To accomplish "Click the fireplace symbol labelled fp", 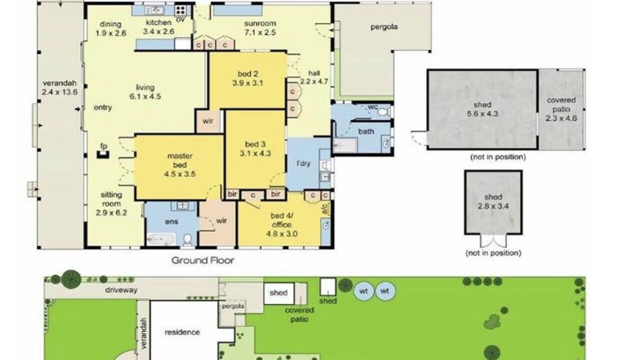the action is point(102,154).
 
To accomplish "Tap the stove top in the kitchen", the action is point(180,10).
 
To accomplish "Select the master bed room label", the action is point(179,160).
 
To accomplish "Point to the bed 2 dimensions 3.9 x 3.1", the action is point(247,83).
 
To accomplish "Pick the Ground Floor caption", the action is point(203,260).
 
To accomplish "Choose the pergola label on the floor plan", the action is point(384,27).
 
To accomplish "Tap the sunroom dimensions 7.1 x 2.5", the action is point(260,32).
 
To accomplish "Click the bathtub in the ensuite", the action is point(160,239).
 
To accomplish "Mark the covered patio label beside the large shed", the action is point(561,104).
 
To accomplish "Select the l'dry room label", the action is point(303,163).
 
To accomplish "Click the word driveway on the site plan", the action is point(121,290).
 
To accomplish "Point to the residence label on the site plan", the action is point(182,332).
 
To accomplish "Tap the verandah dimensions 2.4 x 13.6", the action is point(59,92).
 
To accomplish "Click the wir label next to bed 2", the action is point(207,121).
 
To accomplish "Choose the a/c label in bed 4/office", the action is point(325,208).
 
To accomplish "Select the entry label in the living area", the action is point(102,107).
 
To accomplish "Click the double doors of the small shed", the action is point(493,240).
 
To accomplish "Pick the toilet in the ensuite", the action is point(188,239).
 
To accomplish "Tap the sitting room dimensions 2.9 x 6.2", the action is point(111,213).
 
